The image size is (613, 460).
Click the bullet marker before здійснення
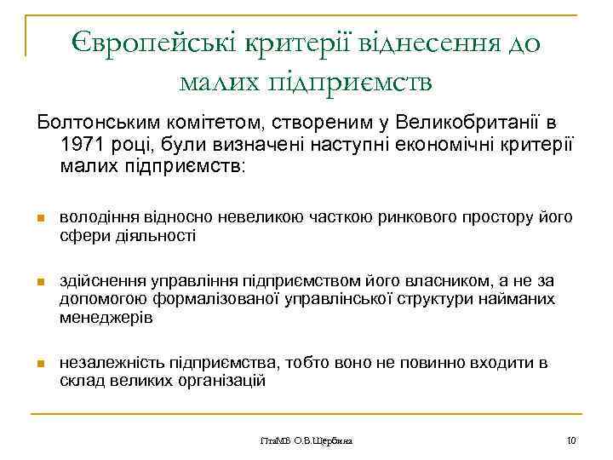(39, 281)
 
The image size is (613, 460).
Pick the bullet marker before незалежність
(39, 364)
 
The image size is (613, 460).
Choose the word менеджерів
(106, 318)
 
